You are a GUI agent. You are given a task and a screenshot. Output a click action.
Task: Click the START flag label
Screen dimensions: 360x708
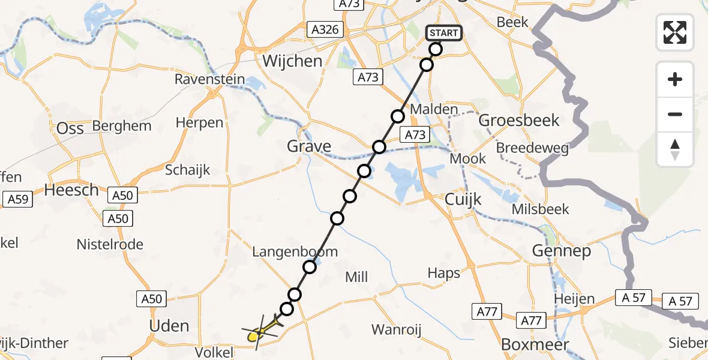[444, 33]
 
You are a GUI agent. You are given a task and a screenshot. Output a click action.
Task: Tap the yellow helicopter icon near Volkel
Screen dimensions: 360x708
[260, 331]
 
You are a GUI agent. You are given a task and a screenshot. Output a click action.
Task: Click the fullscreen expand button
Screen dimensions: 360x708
[675, 32]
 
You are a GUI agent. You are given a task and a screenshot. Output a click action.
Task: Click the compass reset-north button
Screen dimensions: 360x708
[675, 149]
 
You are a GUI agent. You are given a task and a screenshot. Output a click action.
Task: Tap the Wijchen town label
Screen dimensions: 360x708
[292, 61]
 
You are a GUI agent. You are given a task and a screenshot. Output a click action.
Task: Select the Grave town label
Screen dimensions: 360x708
[308, 146]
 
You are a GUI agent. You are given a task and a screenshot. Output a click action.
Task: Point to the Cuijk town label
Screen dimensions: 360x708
[460, 200]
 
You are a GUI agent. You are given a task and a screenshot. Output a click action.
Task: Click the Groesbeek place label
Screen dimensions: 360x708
[519, 120]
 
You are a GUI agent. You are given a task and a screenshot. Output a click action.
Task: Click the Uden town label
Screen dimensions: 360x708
[169, 326]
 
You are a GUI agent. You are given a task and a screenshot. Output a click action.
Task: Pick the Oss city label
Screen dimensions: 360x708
[70, 128]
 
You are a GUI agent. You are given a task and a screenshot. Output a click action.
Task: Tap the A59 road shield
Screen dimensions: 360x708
[16, 199]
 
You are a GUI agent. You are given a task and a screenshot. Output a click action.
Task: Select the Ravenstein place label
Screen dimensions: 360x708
[210, 79]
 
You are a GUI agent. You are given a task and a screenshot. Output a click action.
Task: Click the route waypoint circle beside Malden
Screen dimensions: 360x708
[397, 116]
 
